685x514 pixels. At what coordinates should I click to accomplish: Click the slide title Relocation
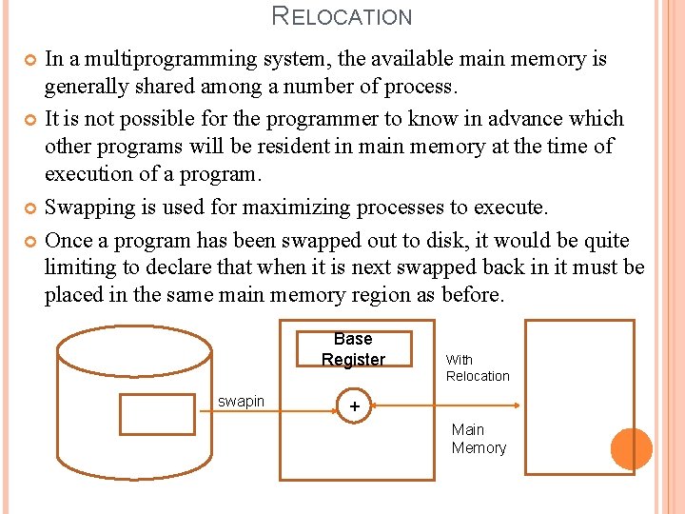point(342,16)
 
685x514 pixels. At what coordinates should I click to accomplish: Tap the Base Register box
point(353,349)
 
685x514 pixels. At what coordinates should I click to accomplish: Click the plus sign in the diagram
point(355,406)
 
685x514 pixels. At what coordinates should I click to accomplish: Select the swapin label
point(241,401)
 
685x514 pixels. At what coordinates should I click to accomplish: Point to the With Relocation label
point(478,367)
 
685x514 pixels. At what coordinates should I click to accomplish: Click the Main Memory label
point(479,439)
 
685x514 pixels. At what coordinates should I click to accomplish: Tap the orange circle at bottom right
point(631,448)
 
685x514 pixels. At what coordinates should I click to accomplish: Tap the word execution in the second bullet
point(92,174)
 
